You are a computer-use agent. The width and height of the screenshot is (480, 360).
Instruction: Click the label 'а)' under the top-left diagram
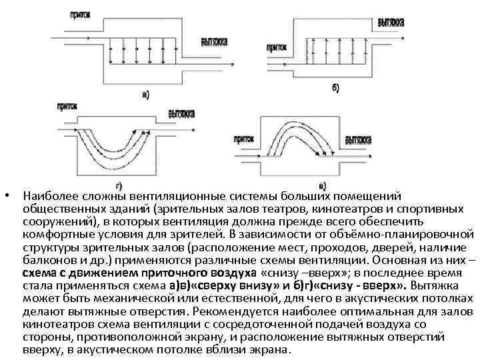[145, 95]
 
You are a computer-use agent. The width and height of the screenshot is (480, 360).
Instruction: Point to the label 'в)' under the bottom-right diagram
[323, 185]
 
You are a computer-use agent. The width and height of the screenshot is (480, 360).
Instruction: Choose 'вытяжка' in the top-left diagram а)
[214, 41]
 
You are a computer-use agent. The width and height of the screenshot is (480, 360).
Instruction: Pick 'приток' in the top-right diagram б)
[278, 47]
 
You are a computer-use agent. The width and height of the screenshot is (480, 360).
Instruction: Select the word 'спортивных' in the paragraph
[436, 209]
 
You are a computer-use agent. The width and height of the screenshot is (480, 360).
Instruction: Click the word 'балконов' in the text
[45, 259]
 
